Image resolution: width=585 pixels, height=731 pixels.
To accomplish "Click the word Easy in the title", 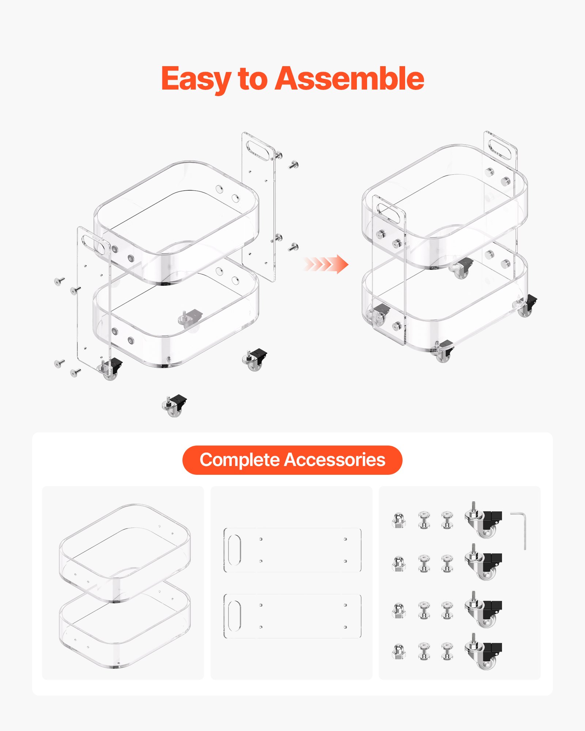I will pyautogui.click(x=196, y=79).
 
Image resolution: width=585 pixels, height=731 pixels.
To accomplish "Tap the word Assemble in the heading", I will pyautogui.click(x=349, y=79).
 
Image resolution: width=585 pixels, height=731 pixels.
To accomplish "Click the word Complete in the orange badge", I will pyautogui.click(x=239, y=460).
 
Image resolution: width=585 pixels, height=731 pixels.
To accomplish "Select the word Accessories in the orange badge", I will pyautogui.click(x=335, y=460).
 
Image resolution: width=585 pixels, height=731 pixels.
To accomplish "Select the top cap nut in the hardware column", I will pyautogui.click(x=399, y=520).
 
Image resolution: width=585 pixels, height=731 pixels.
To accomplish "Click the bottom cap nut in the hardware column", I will pyautogui.click(x=399, y=652).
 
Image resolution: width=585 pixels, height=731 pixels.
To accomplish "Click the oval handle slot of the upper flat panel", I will pyautogui.click(x=234, y=550).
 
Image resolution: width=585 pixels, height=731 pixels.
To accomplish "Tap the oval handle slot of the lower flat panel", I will pyautogui.click(x=234, y=616).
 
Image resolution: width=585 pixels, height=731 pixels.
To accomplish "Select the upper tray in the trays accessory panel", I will pyautogui.click(x=124, y=548).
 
